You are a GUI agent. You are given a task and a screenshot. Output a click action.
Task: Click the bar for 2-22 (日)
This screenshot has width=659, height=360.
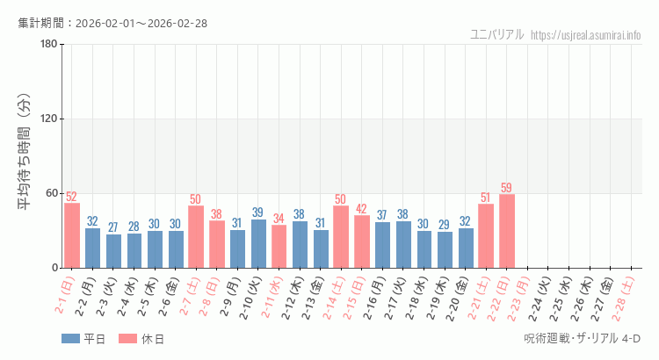coord(507,231)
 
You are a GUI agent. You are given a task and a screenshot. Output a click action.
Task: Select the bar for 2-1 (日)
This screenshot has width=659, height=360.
coord(72,235)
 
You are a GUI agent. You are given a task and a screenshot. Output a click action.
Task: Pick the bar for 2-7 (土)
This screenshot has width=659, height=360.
coord(196,236)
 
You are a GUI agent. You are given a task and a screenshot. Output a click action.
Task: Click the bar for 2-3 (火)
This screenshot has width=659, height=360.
coord(113,251)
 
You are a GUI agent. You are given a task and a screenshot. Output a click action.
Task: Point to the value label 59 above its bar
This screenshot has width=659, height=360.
coord(507,188)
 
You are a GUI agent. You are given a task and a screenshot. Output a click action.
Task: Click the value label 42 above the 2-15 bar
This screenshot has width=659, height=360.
coord(362,209)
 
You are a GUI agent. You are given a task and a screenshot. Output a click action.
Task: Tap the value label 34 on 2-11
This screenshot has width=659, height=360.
coord(279,219)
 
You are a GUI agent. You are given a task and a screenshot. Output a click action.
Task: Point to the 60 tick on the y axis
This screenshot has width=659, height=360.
coord(51,193)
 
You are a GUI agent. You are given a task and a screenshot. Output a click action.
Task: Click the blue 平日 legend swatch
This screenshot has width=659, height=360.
coord(70,339)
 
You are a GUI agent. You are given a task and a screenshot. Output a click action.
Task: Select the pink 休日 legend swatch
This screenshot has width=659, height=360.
coord(127,339)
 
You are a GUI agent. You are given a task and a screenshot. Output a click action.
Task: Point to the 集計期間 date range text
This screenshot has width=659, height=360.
coord(112,23)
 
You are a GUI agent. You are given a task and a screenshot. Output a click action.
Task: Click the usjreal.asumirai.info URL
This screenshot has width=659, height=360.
coord(586,34)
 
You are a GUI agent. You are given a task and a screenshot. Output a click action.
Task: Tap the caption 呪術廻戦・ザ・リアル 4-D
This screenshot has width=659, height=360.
coord(582,339)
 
